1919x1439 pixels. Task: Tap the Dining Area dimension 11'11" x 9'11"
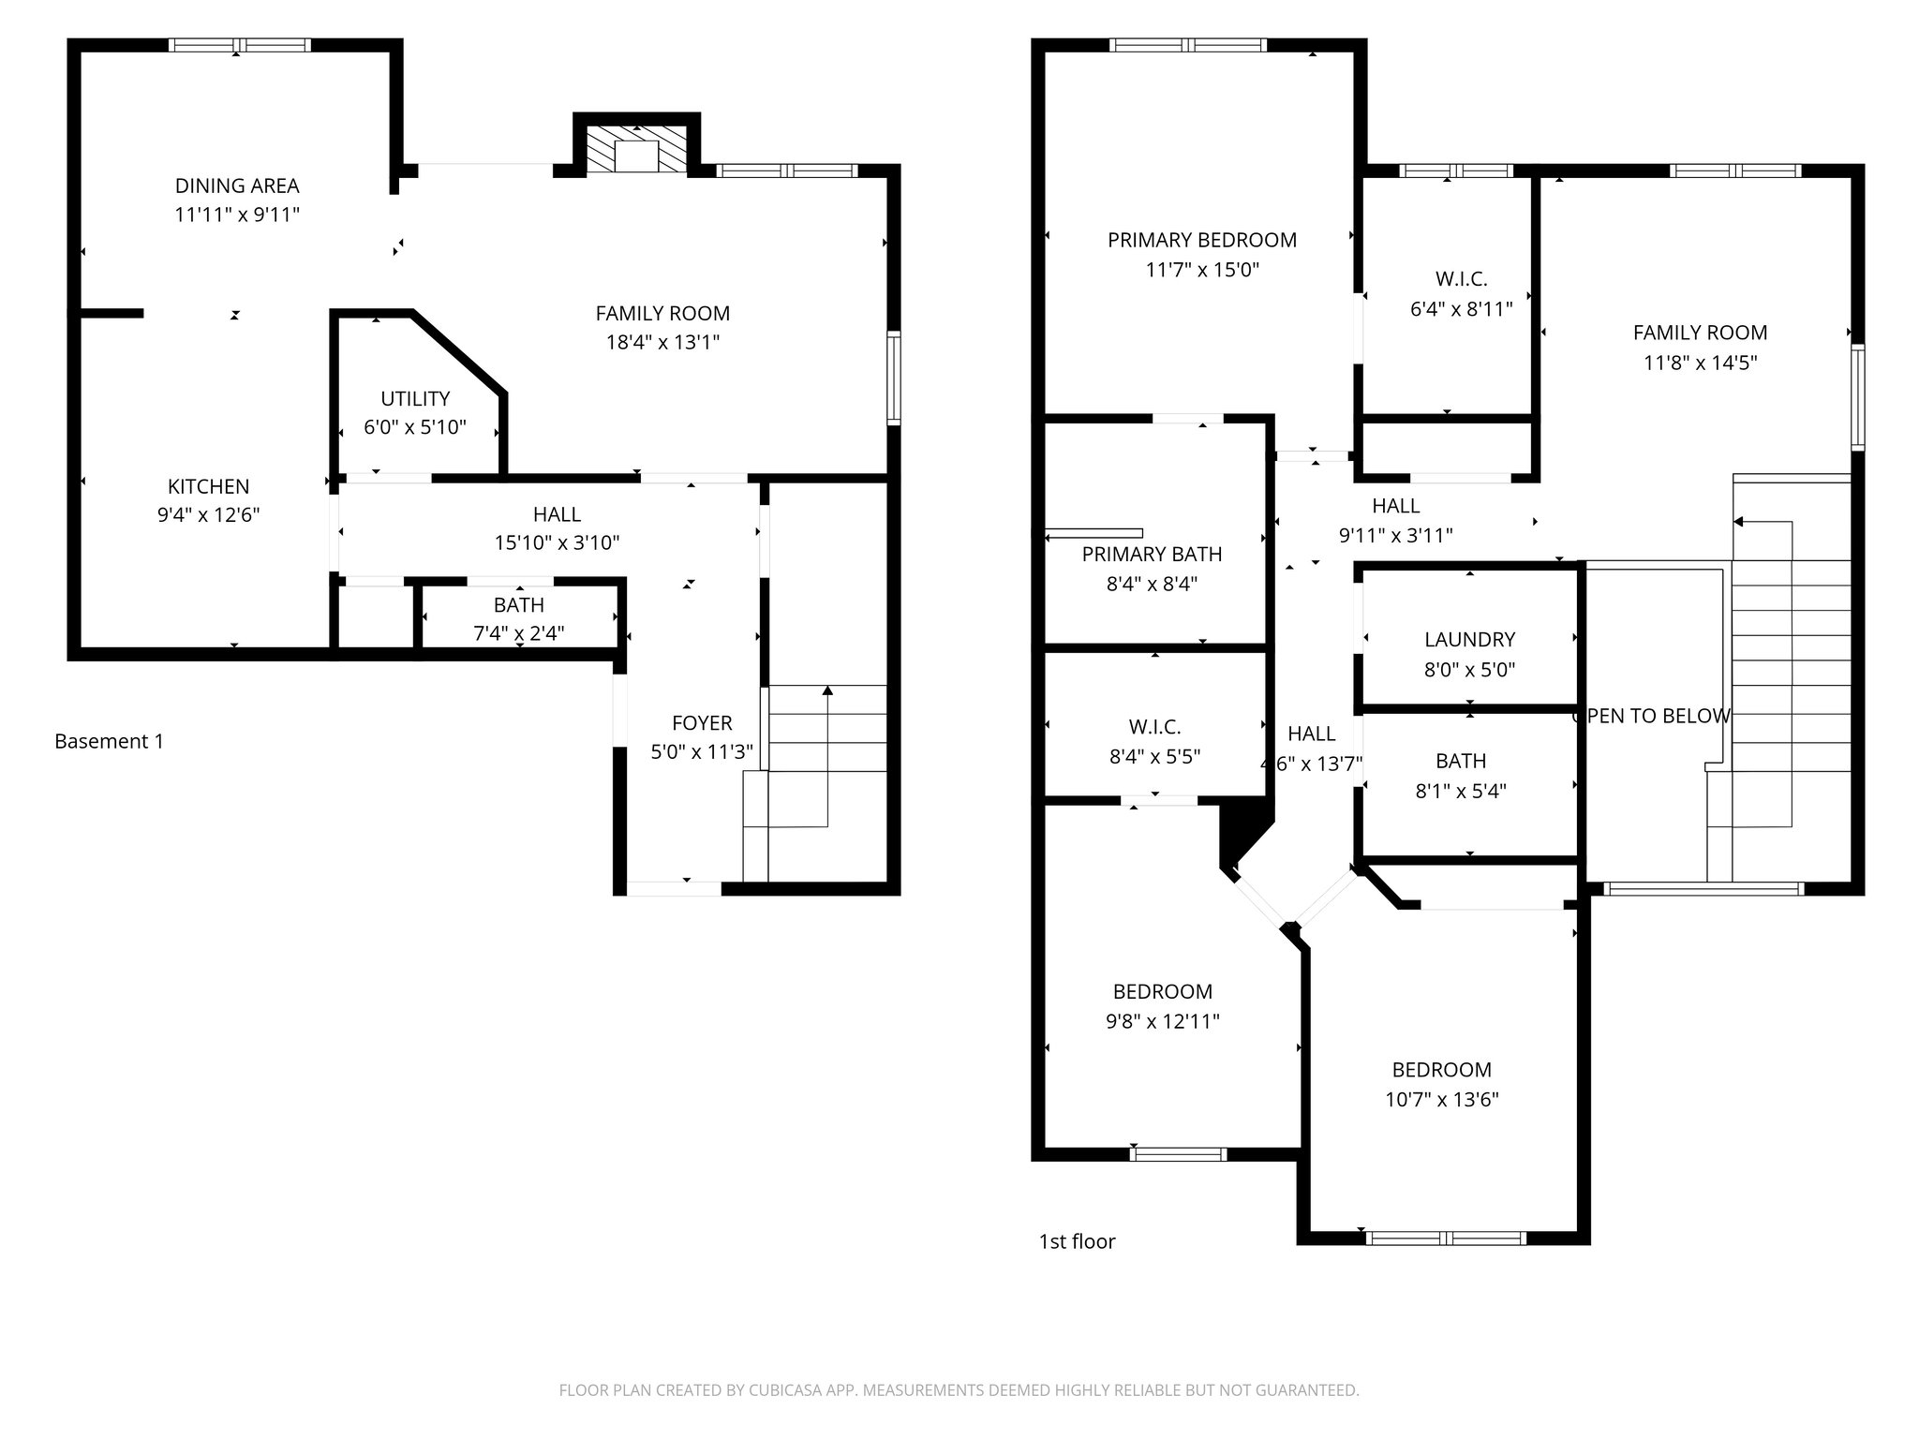237,215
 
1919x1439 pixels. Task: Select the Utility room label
415,398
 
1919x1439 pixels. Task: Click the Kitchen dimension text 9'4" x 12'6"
208,514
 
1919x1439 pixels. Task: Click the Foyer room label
702,722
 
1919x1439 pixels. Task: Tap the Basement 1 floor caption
109,741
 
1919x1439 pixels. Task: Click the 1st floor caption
1077,1241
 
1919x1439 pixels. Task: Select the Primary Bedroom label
1202,240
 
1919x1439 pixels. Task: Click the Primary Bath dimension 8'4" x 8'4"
1152,584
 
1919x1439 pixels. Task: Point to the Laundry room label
1469,640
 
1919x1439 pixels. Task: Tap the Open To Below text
1651,716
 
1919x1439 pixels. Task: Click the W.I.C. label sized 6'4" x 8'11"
1461,279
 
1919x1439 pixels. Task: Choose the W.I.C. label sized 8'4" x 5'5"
1154,727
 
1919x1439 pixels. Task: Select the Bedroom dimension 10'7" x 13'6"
1441,1099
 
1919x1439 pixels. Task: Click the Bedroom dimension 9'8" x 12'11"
1162,1021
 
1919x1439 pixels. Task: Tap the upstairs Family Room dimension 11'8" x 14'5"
1700,362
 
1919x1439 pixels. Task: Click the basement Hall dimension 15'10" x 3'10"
557,542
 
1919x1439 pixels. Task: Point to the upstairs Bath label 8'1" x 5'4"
1461,761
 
